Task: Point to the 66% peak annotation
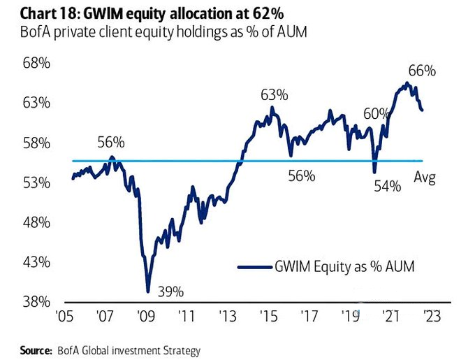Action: click(x=422, y=71)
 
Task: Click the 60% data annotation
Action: click(x=377, y=113)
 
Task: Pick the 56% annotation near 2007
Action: click(x=110, y=143)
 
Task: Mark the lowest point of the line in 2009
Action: click(x=147, y=291)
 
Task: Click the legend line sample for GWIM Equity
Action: click(x=253, y=266)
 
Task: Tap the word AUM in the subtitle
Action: click(x=288, y=32)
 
